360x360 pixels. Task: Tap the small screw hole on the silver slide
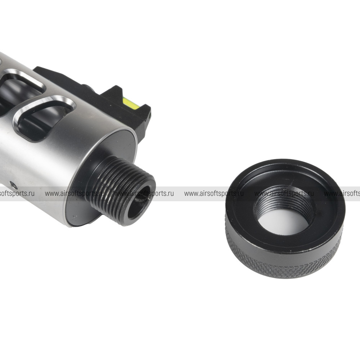coord(13,184)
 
